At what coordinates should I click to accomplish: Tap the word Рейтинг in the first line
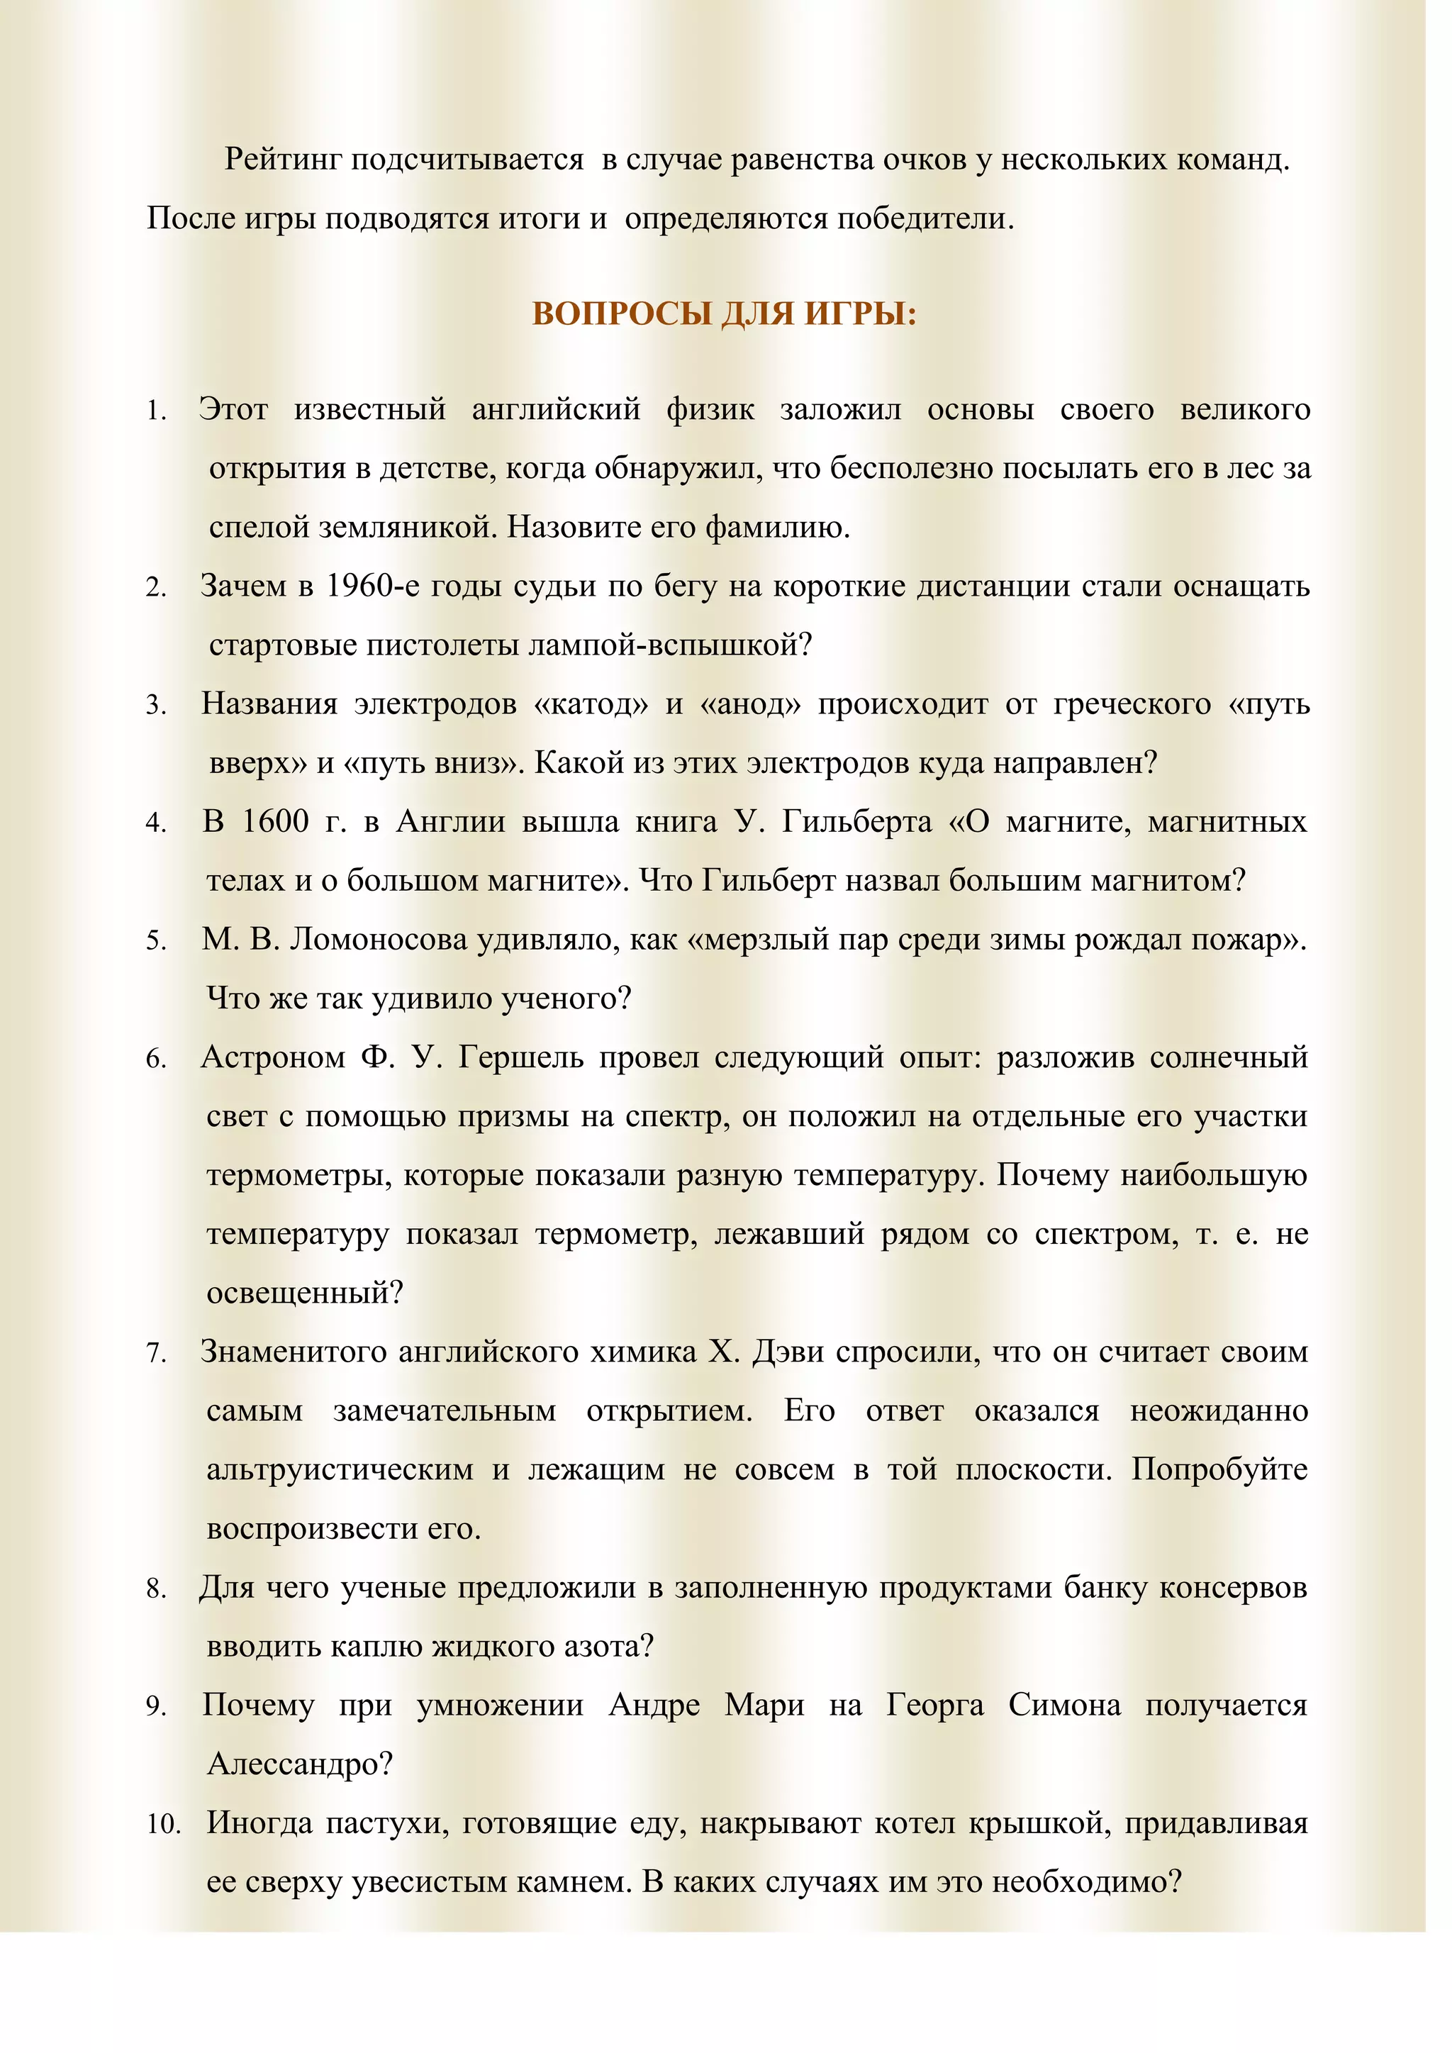[x=284, y=160]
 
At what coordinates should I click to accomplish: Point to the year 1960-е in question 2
[x=373, y=586]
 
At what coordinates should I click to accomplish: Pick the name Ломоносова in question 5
[x=379, y=940]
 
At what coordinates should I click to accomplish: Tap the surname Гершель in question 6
[x=520, y=1058]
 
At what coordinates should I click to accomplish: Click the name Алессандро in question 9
[x=298, y=1764]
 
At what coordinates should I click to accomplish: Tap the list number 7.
[x=157, y=1354]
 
